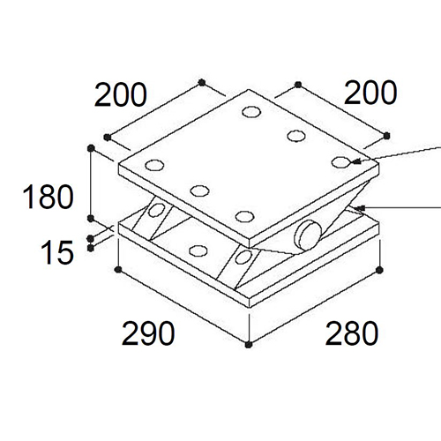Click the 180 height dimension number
coord(48,197)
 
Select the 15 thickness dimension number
coord(57,252)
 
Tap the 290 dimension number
coord(148,333)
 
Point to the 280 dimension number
coord(352,333)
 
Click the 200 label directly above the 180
coord(120,95)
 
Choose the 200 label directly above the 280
coord(370,93)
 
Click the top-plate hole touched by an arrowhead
coord(340,162)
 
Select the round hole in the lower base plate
coord(198,250)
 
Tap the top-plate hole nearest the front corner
coord(244,217)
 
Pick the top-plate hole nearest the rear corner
coord(251,112)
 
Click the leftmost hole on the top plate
coord(154,165)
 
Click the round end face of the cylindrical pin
coord(307,235)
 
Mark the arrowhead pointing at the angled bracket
coord(360,208)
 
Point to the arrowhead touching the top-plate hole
coord(355,161)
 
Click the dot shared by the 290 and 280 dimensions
coord(249,344)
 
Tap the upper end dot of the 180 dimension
coord(91,148)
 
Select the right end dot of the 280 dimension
coord(379,270)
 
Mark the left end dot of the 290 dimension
coord(118,269)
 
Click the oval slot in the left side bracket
coord(156,210)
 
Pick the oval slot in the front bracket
coord(243,258)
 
